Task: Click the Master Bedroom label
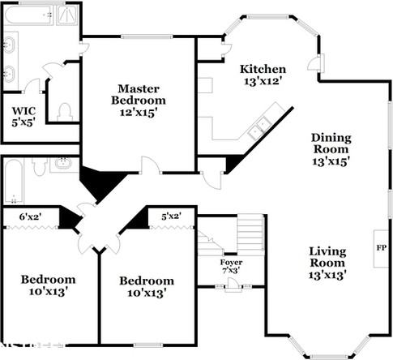(x=138, y=94)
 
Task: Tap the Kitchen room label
(x=263, y=69)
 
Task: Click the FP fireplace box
(x=379, y=243)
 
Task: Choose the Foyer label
(x=231, y=263)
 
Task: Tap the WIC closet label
(x=19, y=111)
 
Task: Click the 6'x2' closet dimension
(x=29, y=216)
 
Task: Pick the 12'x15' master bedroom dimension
(x=139, y=114)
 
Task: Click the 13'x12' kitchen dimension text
(x=263, y=81)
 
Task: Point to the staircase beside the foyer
(x=243, y=235)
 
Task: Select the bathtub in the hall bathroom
(x=14, y=180)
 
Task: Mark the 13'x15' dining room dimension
(x=331, y=161)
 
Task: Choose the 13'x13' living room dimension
(x=327, y=275)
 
